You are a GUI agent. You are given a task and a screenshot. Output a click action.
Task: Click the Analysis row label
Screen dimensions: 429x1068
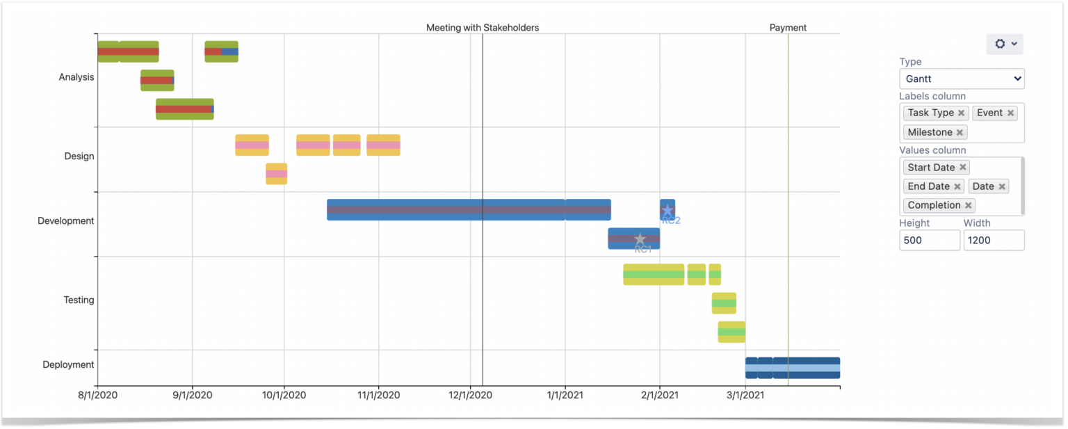[x=76, y=77]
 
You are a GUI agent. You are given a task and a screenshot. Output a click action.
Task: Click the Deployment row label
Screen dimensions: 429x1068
[x=67, y=365]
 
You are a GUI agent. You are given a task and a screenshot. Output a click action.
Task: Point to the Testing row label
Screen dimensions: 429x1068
[x=79, y=300]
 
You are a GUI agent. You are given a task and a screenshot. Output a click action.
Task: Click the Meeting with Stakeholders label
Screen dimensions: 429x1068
[x=483, y=28]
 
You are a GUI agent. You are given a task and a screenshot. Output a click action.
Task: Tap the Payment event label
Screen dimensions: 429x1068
[x=788, y=28]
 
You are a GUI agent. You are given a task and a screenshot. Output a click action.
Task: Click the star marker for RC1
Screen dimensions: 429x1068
[x=640, y=239]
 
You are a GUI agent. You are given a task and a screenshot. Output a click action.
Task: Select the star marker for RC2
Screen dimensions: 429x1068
[x=667, y=210]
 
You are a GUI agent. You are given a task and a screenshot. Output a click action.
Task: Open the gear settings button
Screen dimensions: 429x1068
[x=1004, y=44]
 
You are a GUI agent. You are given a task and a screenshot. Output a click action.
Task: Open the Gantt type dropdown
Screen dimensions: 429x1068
[x=961, y=79]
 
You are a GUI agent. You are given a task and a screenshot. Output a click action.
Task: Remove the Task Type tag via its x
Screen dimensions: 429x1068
[x=961, y=113]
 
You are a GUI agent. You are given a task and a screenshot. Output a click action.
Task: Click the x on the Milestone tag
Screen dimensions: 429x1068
[x=960, y=132]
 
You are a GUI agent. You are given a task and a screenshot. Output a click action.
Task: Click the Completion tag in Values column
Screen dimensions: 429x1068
[x=934, y=205]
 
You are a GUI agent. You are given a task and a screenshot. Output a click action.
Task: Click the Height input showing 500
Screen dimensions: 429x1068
[x=929, y=241]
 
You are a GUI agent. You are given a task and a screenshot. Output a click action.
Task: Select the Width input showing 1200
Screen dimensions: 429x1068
[x=993, y=241]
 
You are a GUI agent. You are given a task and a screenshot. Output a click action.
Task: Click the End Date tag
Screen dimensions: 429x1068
[x=928, y=186]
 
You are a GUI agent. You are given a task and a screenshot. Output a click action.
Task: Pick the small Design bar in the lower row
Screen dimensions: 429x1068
[x=276, y=174]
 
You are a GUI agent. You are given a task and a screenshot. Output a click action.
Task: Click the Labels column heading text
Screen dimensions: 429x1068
[x=932, y=96]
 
